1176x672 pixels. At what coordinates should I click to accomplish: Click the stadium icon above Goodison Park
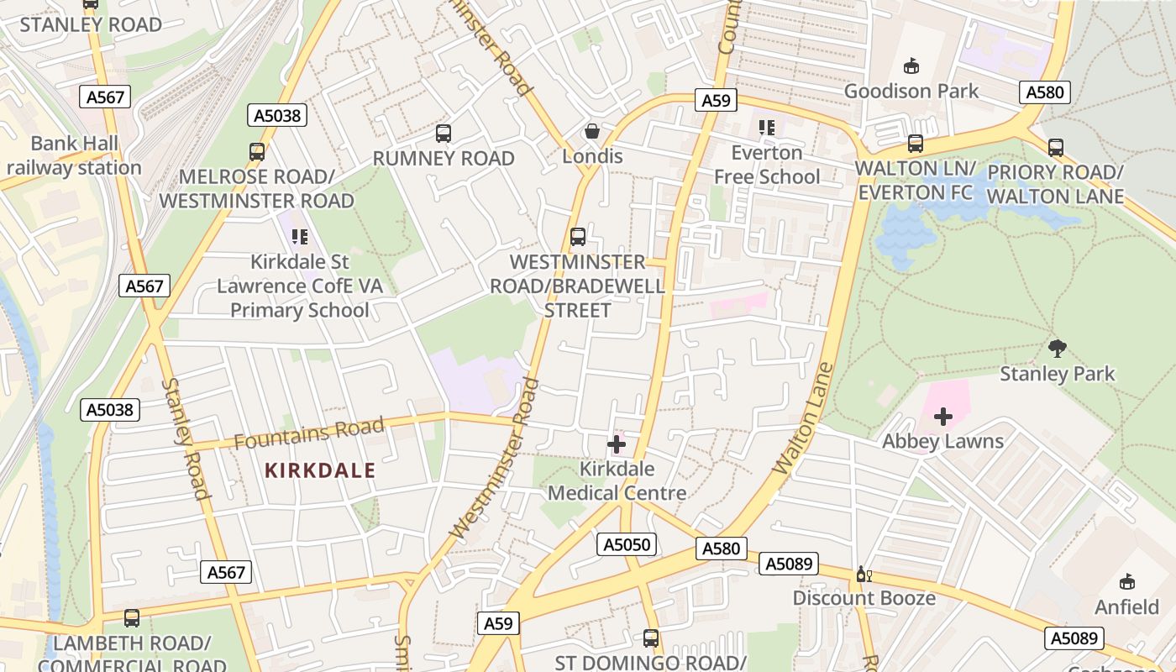(x=911, y=66)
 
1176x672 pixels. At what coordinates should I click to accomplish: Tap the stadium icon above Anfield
(x=1126, y=581)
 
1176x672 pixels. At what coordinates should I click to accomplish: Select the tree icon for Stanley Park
(x=1058, y=348)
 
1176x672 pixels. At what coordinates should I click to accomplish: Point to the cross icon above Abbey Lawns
(x=942, y=416)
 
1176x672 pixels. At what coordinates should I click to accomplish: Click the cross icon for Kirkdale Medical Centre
(x=617, y=444)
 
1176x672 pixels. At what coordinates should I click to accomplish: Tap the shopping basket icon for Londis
(x=592, y=131)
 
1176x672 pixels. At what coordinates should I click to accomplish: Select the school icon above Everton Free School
(x=766, y=128)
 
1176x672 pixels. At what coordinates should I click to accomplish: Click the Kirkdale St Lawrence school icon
(x=300, y=238)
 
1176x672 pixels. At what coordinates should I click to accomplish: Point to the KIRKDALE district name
(x=320, y=470)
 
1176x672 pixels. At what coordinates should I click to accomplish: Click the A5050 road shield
(x=627, y=544)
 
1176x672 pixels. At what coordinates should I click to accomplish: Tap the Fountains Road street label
(x=308, y=433)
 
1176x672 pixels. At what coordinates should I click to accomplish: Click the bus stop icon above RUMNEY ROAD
(x=444, y=133)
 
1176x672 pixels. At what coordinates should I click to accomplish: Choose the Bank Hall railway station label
(x=74, y=155)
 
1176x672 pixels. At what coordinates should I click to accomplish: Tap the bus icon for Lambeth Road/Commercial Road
(x=132, y=618)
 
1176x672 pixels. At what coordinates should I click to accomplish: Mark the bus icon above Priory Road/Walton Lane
(x=1056, y=148)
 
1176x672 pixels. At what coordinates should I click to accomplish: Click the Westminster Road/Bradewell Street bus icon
(x=578, y=237)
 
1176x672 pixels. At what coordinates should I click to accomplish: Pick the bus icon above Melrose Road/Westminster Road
(x=257, y=152)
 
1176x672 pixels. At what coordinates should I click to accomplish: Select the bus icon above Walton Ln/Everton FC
(x=916, y=144)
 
